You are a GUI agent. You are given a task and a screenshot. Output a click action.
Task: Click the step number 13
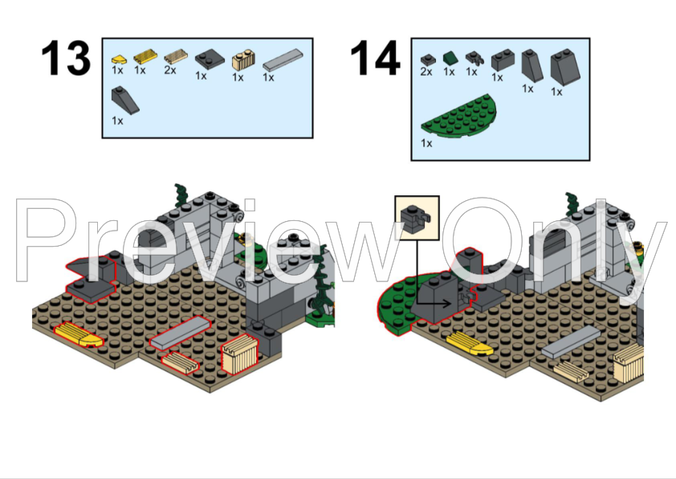(x=66, y=59)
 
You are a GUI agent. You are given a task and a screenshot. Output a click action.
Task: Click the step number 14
(x=374, y=59)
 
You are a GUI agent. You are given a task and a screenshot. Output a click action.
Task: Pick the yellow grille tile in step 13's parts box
(x=144, y=57)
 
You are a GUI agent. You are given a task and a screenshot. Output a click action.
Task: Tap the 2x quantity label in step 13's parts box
(x=169, y=71)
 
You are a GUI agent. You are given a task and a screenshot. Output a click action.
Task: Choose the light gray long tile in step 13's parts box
(x=283, y=59)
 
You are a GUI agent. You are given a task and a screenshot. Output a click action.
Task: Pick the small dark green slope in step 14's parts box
(x=450, y=58)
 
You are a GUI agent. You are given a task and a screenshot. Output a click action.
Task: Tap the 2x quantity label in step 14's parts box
(x=426, y=72)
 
